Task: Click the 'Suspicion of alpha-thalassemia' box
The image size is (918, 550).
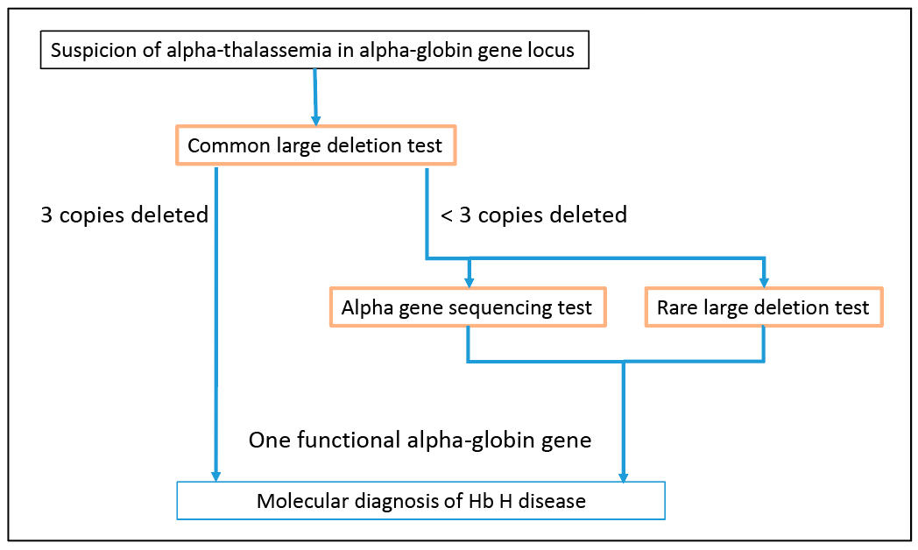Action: (314, 51)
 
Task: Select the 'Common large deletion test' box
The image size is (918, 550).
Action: (315, 145)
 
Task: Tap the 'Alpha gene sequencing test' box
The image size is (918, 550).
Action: (467, 307)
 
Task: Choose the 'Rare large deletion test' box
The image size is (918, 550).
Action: (763, 307)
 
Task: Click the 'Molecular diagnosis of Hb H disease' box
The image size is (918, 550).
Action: (420, 501)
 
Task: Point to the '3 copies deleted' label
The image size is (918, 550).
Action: (124, 215)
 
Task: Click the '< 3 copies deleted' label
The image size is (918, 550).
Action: (533, 215)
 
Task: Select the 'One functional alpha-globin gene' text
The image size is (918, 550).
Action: (420, 440)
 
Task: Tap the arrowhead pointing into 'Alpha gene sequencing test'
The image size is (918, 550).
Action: (470, 281)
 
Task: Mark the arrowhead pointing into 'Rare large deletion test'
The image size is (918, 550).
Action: (764, 281)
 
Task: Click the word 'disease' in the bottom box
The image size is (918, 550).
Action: (553, 501)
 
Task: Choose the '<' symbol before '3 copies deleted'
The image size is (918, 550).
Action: (446, 215)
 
